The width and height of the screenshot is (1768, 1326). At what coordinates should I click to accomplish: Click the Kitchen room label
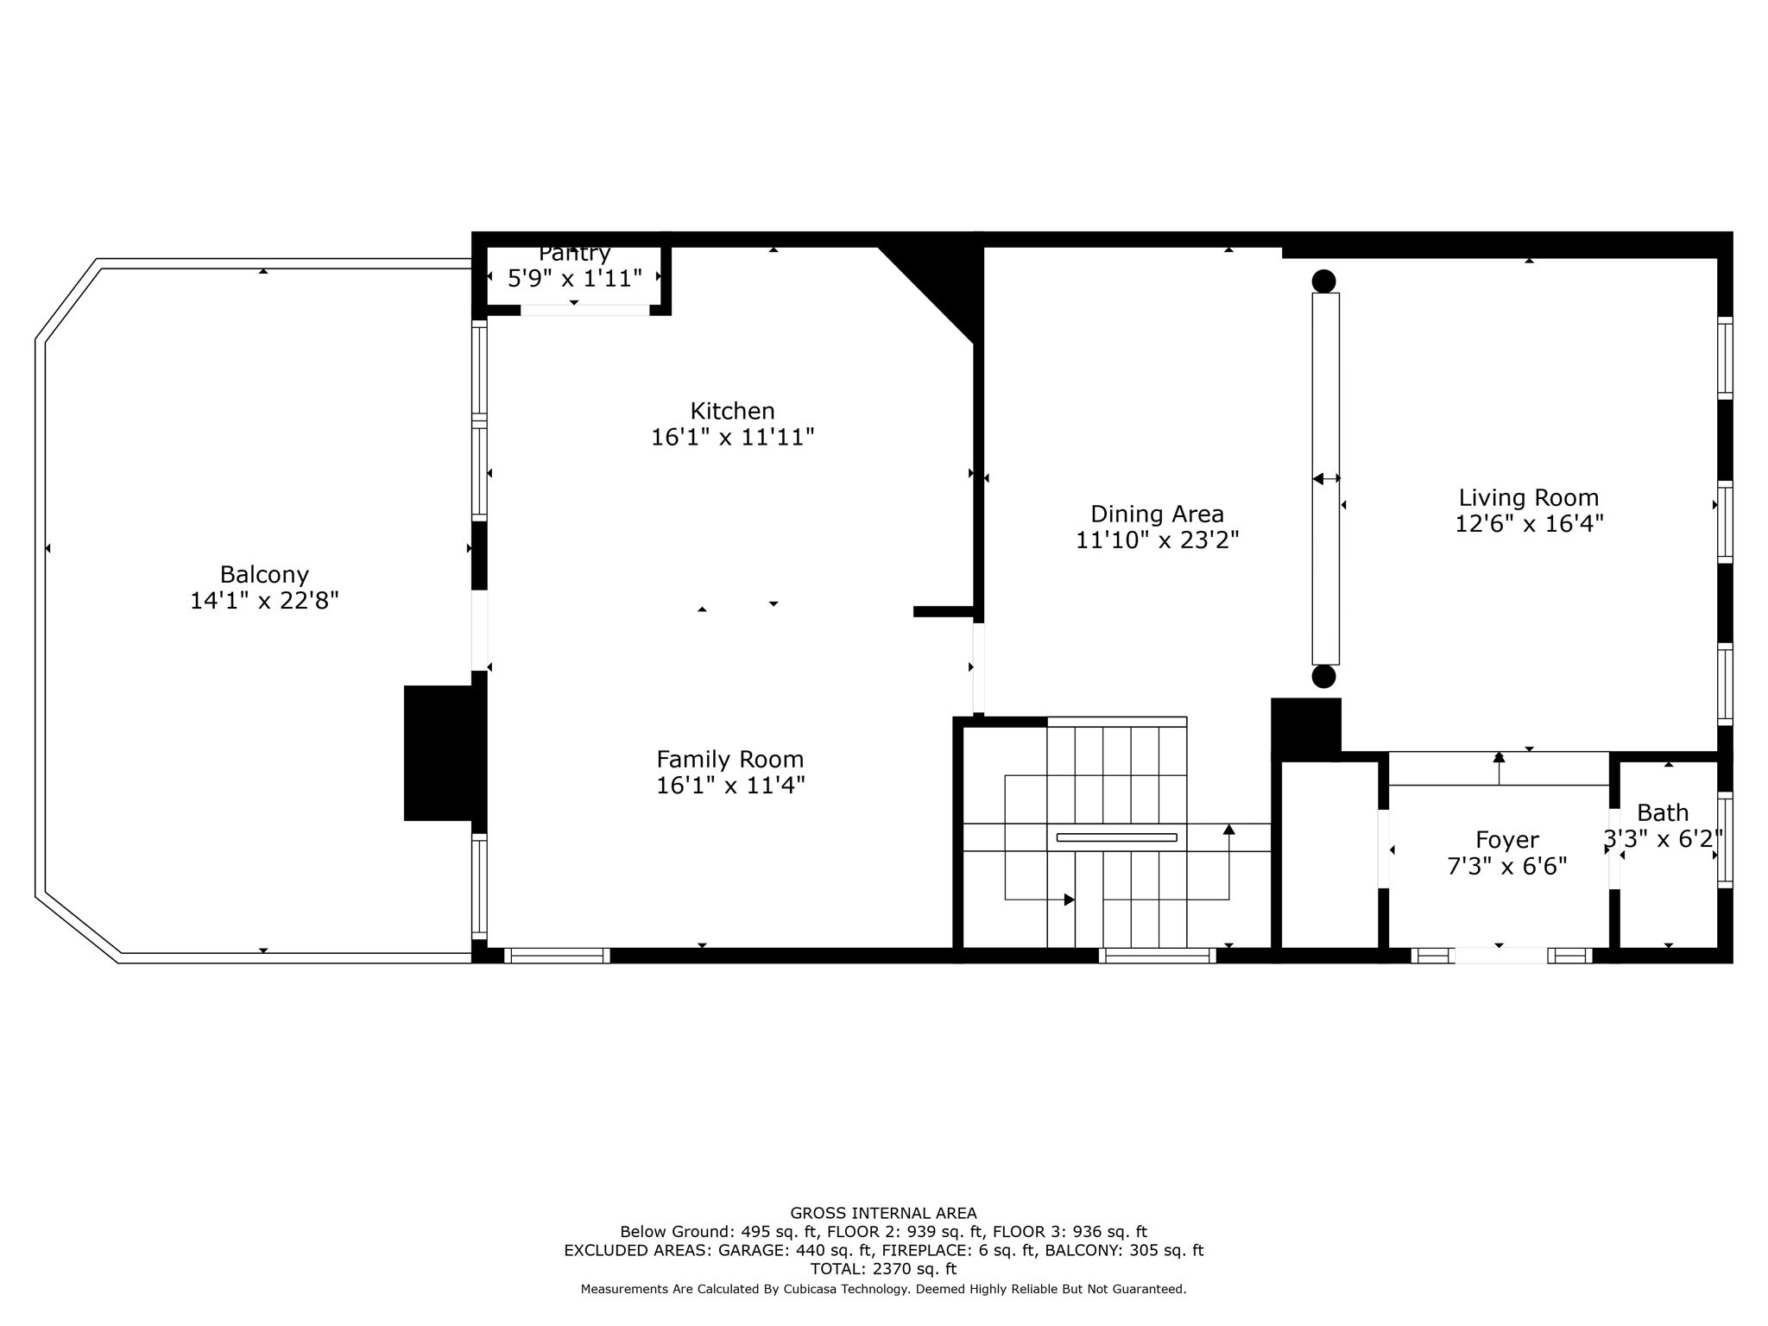click(x=732, y=411)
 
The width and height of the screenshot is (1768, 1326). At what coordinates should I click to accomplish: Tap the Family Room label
click(x=730, y=760)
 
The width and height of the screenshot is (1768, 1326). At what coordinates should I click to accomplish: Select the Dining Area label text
click(x=1157, y=515)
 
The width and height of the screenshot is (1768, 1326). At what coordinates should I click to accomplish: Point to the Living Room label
click(x=1529, y=498)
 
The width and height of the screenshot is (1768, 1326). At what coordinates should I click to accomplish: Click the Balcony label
click(x=264, y=575)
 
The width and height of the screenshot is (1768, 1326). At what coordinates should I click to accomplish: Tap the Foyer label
click(x=1507, y=840)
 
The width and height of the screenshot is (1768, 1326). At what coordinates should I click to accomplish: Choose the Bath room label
click(x=1663, y=813)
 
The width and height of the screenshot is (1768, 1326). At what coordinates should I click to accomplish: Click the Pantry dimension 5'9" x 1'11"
click(x=575, y=279)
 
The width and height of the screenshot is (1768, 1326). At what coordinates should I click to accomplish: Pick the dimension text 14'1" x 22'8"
click(x=264, y=601)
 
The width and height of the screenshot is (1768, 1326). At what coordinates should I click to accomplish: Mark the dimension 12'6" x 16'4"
click(x=1529, y=524)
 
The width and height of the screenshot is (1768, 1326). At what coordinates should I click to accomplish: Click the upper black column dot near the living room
click(x=1323, y=281)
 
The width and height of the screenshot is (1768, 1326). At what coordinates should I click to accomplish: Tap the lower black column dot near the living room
click(x=1323, y=676)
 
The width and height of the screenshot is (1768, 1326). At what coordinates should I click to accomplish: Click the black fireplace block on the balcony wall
click(x=439, y=753)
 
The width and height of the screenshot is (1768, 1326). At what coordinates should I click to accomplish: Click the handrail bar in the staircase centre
click(x=1116, y=837)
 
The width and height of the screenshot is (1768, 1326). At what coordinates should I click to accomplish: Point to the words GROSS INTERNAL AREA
click(x=883, y=1213)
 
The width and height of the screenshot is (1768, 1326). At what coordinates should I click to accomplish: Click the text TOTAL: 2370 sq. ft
click(x=883, y=1269)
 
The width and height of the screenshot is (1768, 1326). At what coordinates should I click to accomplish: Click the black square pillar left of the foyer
click(x=1306, y=726)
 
